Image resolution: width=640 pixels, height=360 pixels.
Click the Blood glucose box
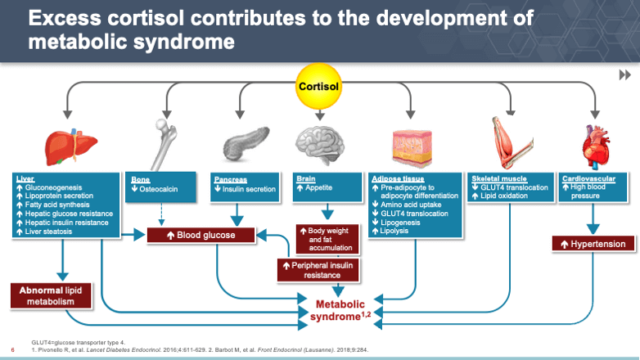point(201,236)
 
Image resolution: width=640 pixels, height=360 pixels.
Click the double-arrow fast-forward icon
point(625,75)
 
